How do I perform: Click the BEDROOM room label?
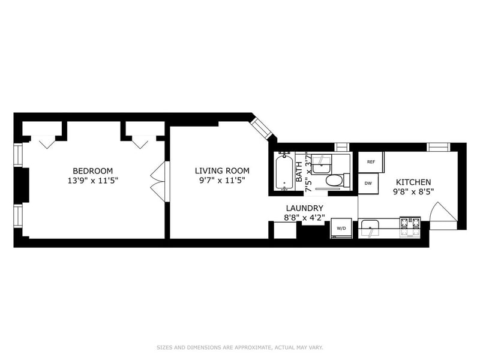pyautogui.click(x=92, y=171)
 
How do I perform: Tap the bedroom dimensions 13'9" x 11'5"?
pyautogui.click(x=93, y=181)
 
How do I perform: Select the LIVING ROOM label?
pyautogui.click(x=222, y=171)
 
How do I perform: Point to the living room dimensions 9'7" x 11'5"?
pyautogui.click(x=222, y=181)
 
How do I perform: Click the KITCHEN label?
pyautogui.click(x=413, y=182)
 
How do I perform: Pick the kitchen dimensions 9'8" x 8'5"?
pyautogui.click(x=413, y=192)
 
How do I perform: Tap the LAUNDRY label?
pyautogui.click(x=305, y=208)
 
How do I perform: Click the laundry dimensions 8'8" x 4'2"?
pyautogui.click(x=305, y=218)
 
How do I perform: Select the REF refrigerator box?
pyautogui.click(x=371, y=162)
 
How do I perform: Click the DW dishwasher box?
pyautogui.click(x=368, y=184)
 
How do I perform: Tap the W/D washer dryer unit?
pyautogui.click(x=341, y=228)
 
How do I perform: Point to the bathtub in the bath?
pyautogui.click(x=284, y=172)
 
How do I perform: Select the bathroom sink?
pyautogui.click(x=322, y=164)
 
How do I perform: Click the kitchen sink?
pyautogui.click(x=370, y=228)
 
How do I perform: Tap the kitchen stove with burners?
pyautogui.click(x=410, y=227)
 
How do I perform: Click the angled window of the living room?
pyautogui.click(x=262, y=128)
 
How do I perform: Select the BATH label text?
pyautogui.click(x=299, y=171)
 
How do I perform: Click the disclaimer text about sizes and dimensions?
pyautogui.click(x=239, y=347)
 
